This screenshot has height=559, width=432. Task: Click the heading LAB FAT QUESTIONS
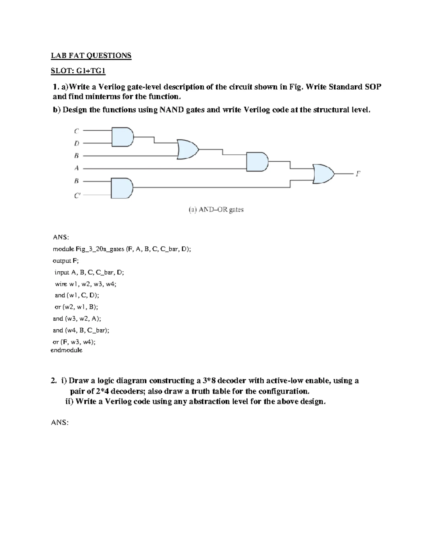(91, 56)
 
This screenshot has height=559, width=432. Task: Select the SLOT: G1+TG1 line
(78, 71)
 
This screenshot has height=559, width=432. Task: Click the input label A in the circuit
(76, 168)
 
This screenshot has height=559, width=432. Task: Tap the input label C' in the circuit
(77, 196)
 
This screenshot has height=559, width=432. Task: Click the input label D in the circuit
(76, 143)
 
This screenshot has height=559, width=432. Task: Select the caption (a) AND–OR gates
(216, 209)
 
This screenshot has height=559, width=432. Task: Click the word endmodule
(67, 350)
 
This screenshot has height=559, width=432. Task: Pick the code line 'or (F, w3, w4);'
(74, 342)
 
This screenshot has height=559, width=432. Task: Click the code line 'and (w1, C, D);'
(77, 295)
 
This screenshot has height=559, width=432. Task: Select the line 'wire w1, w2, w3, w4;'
(86, 284)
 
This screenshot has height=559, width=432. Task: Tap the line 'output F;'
(66, 261)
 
